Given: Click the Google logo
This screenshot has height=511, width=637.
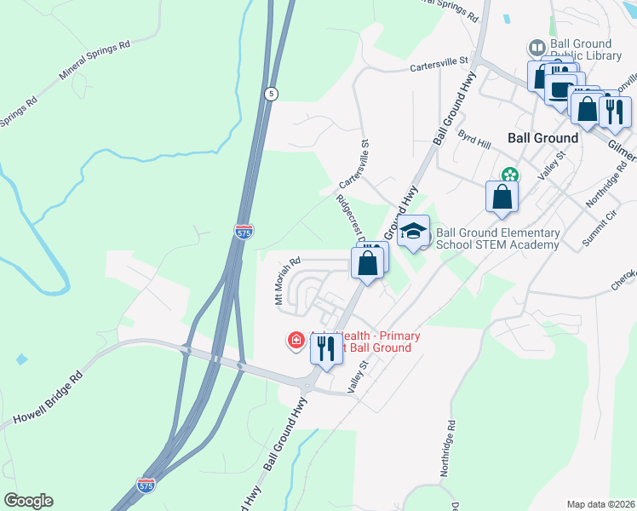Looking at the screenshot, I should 28,501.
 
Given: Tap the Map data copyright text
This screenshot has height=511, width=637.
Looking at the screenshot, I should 601,504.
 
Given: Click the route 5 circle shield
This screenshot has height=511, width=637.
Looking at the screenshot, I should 269,95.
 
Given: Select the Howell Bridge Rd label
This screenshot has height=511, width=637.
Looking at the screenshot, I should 49,399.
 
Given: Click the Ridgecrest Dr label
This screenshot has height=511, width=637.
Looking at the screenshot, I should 350,218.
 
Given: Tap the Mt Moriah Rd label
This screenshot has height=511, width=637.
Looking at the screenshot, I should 288,283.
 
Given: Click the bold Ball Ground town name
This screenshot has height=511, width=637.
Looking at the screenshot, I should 542,137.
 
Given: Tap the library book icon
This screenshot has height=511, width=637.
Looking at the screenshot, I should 537,48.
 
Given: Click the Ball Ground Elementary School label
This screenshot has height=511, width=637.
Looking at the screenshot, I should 497,238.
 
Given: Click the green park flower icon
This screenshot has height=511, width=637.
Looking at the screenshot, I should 509,175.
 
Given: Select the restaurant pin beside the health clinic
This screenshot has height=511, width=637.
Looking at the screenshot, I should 324,348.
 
